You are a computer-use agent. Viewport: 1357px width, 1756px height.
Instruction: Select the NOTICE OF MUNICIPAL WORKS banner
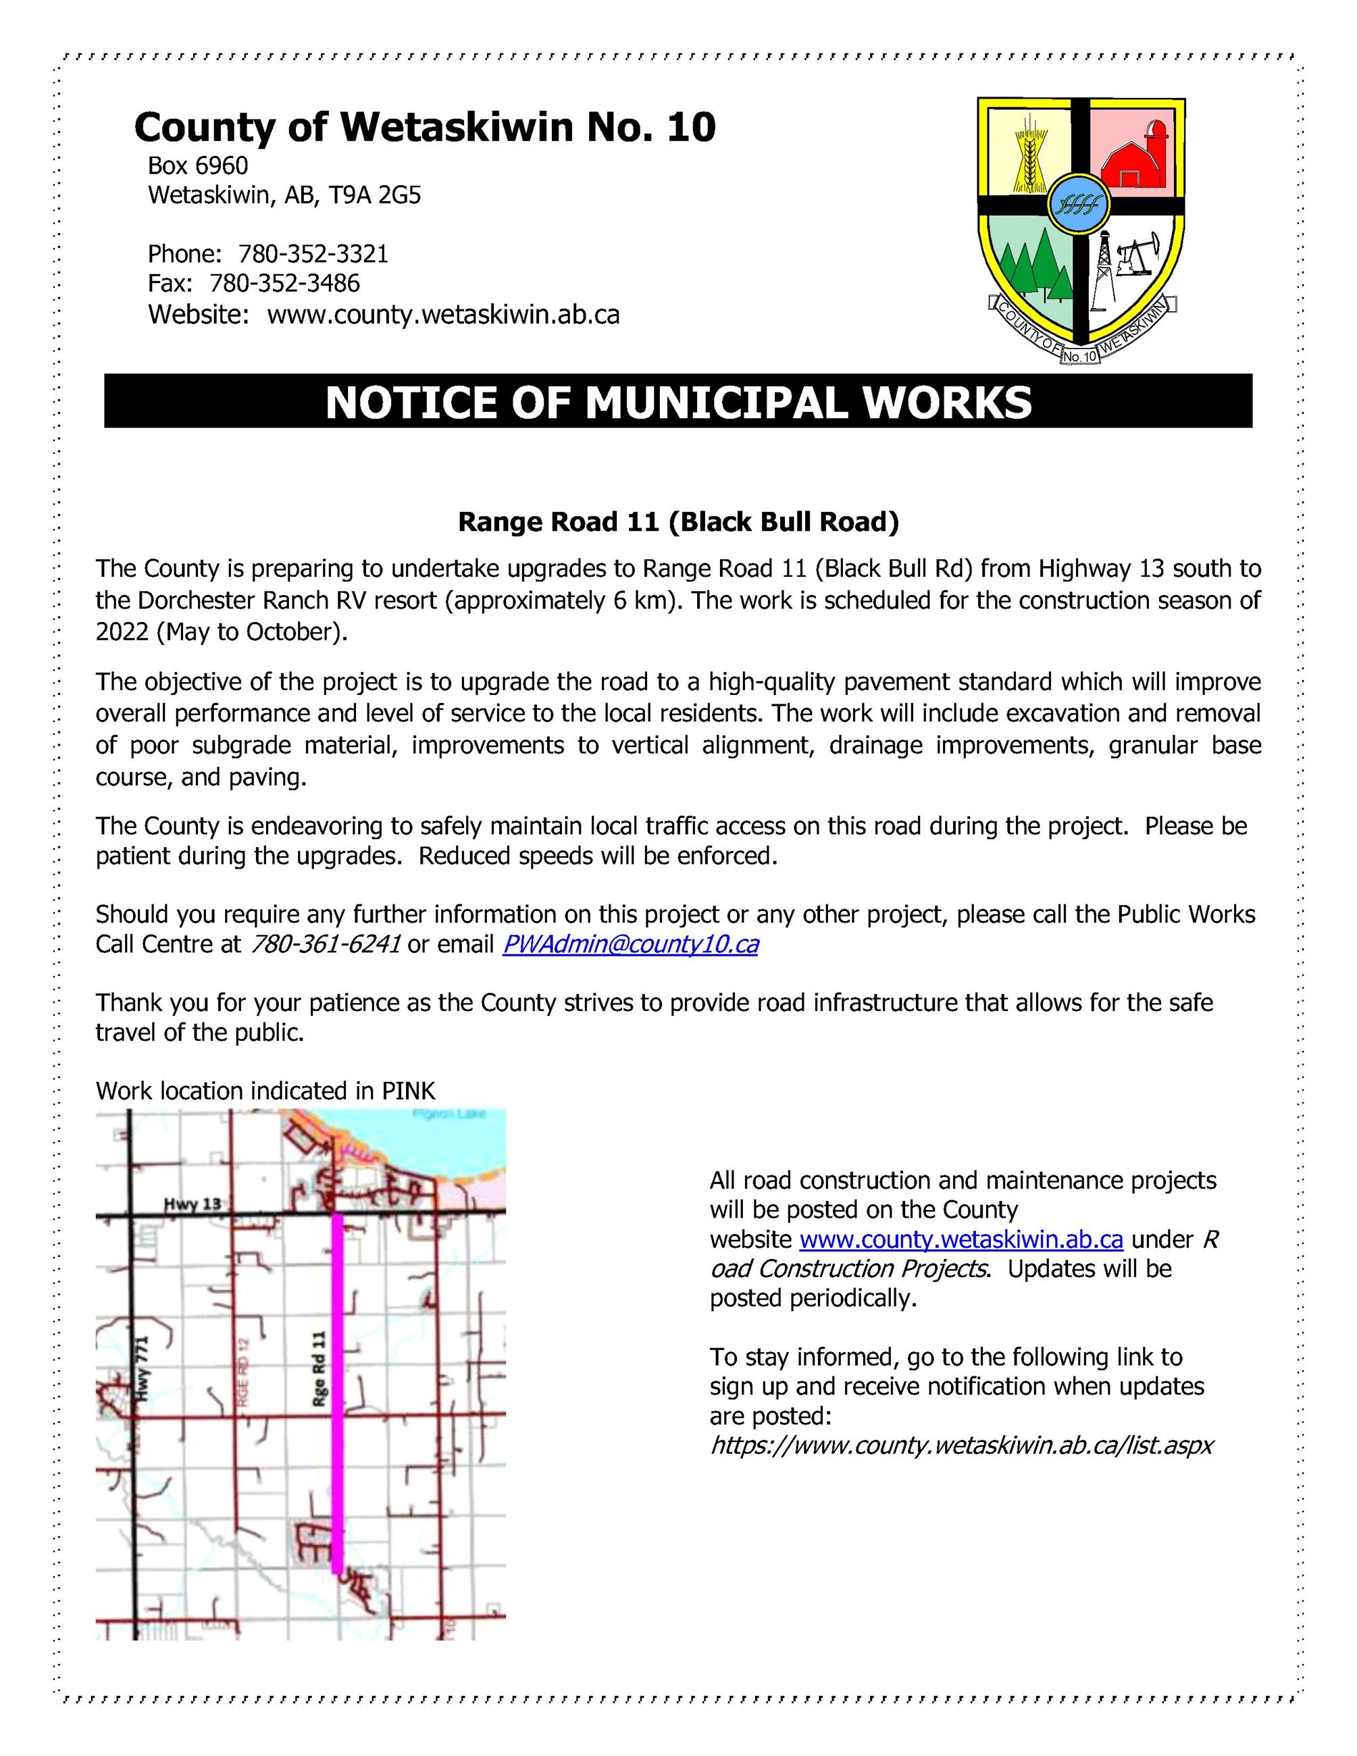pos(677,401)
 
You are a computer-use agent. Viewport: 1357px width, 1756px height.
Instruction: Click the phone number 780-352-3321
pos(313,254)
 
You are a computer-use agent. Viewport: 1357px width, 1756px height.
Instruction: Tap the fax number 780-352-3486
pos(284,283)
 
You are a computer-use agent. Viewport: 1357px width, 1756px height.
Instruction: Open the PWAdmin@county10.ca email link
pos(630,944)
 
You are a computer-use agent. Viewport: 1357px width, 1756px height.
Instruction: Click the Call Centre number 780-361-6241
pos(326,944)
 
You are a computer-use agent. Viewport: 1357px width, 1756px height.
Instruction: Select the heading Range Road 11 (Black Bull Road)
pos(677,523)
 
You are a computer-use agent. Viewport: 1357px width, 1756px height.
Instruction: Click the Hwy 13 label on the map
pos(191,1204)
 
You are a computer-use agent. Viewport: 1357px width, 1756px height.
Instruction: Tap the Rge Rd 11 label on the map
pos(319,1368)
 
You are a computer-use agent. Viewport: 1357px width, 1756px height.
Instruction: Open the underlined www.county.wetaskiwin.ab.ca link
pos(961,1239)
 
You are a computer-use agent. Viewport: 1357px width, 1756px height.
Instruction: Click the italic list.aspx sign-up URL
pos(961,1445)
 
